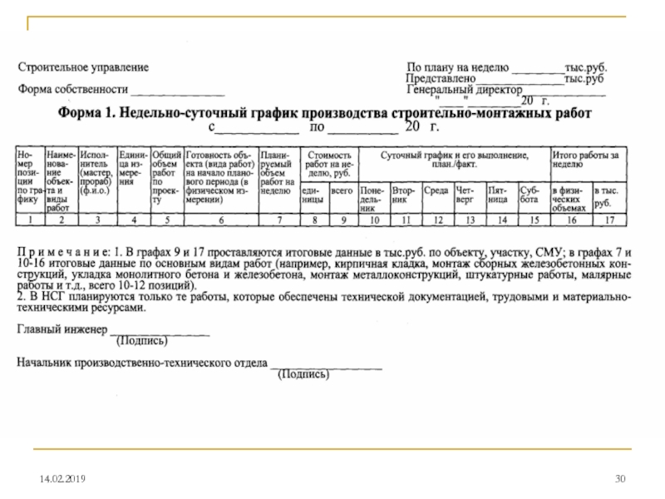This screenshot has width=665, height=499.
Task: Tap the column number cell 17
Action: click(609, 220)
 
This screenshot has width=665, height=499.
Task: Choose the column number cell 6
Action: click(220, 220)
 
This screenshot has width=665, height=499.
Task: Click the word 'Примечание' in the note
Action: click(63, 250)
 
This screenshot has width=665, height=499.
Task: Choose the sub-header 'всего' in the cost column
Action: click(341, 190)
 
